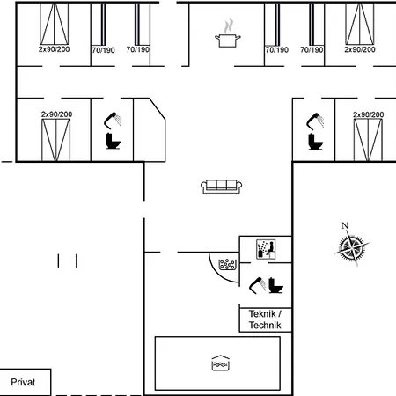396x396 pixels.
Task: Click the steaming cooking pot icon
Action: coord(228,33)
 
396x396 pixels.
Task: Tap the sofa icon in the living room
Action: coord(222,187)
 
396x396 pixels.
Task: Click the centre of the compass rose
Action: coord(352,248)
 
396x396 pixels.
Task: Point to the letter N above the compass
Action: coord(345,225)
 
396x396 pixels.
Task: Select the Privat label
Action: coord(23,382)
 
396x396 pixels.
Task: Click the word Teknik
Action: coord(262,314)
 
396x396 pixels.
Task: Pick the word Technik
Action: coord(265,325)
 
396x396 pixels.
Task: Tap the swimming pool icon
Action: coord(221,363)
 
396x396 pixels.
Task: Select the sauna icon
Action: coord(266,249)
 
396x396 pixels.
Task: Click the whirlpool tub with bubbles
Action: coord(227,264)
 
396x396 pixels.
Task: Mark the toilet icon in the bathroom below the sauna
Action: coord(275,285)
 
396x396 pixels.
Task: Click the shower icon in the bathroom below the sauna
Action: coord(257,285)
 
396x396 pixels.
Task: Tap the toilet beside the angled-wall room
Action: coord(113,141)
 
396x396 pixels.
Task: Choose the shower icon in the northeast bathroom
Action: coord(315,121)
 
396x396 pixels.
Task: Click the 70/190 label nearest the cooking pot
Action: coord(277,50)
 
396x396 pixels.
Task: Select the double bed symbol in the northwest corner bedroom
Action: coord(55,24)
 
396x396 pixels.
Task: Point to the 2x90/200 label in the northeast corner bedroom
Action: coord(360,49)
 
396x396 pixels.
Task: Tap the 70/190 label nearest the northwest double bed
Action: coord(103,50)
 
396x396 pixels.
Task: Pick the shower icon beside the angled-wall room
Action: coord(113,121)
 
